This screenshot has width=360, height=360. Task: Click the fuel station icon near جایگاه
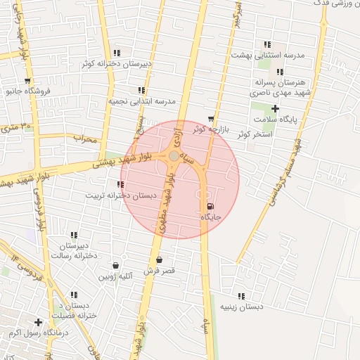pos(210,206)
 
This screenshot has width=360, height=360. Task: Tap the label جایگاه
pos(211,217)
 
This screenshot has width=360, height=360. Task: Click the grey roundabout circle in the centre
pos(174,155)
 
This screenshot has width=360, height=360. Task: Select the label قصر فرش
pos(160,271)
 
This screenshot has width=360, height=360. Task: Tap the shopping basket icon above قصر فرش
pos(159,259)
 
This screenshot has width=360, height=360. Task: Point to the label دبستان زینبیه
pos(241,307)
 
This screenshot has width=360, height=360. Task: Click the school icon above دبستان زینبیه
pos(241,296)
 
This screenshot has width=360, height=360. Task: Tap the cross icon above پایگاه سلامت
pos(275,108)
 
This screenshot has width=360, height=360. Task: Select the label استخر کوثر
pos(255,134)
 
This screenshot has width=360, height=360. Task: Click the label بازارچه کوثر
pos(211,129)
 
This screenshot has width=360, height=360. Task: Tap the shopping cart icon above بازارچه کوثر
pos(211,118)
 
